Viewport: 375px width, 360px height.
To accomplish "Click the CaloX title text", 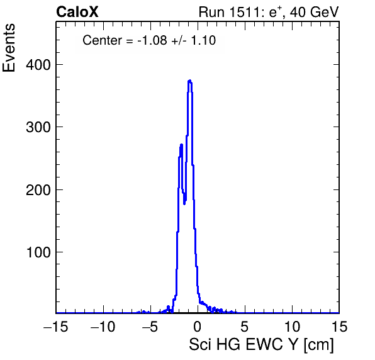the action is (x=77, y=12).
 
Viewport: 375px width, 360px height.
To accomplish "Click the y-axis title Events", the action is (x=9, y=48).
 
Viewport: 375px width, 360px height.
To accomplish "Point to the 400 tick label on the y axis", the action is (x=38, y=65).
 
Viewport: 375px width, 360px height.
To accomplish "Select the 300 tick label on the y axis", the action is (x=38, y=127).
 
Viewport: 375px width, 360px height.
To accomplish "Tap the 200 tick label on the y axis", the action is (x=38, y=190).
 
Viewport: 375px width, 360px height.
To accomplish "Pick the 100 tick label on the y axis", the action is (x=38, y=252).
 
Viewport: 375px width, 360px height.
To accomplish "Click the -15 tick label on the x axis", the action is (x=56, y=327).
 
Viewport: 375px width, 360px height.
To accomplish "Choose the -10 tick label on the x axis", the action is (x=103, y=327).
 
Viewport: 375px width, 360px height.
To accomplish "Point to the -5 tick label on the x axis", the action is (x=150, y=327).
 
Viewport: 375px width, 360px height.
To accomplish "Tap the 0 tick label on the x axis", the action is (x=198, y=327).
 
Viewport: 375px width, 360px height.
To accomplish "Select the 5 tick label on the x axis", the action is (x=244, y=327).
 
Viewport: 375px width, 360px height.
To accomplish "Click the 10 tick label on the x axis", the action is (x=292, y=327).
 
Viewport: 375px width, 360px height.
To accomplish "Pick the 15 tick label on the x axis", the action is (x=339, y=327).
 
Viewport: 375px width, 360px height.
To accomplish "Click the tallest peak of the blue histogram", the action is (x=190, y=81).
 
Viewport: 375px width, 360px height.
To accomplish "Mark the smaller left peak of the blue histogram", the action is (x=181, y=145).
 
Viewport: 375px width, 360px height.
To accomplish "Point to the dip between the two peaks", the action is (x=184, y=203).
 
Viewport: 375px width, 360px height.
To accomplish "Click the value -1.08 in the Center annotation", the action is (x=152, y=40).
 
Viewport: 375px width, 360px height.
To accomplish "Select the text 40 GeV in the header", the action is (x=314, y=12).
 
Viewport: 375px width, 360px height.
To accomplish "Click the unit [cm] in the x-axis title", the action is (x=318, y=345).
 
